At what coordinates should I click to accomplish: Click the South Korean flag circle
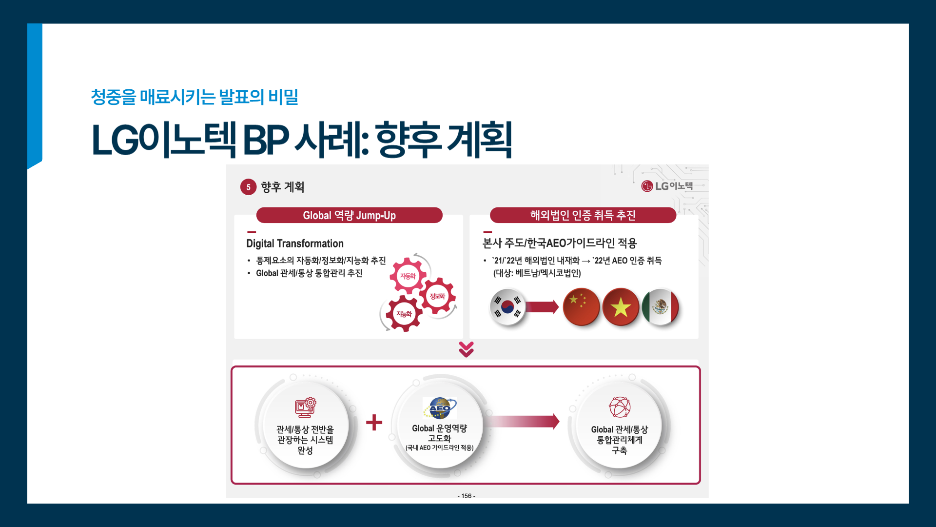pyautogui.click(x=507, y=307)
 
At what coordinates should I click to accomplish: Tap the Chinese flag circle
pyautogui.click(x=581, y=306)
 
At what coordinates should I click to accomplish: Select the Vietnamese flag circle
pyautogui.click(x=621, y=307)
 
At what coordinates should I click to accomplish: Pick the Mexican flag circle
pyautogui.click(x=660, y=307)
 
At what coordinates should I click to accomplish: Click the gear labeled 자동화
pyautogui.click(x=408, y=276)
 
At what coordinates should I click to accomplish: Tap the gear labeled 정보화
pyautogui.click(x=437, y=296)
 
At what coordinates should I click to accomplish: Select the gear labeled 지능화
pyautogui.click(x=404, y=314)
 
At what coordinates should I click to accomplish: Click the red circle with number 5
pyautogui.click(x=248, y=187)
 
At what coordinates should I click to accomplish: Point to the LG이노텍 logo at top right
pyautogui.click(x=667, y=186)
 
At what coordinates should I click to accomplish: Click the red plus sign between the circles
pyautogui.click(x=374, y=422)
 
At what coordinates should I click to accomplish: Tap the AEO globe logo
pyautogui.click(x=440, y=408)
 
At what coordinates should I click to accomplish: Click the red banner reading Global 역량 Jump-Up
pyautogui.click(x=349, y=215)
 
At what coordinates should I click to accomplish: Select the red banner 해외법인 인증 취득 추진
pyautogui.click(x=583, y=215)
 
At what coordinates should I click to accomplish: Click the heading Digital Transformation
pyautogui.click(x=294, y=243)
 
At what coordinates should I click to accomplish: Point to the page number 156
pyautogui.click(x=467, y=496)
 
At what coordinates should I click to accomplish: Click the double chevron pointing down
pyautogui.click(x=467, y=349)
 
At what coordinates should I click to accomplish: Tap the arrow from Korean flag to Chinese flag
pyautogui.click(x=542, y=307)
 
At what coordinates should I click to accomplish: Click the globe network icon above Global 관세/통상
pyautogui.click(x=619, y=407)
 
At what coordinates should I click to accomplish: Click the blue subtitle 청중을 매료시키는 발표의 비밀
pyautogui.click(x=195, y=97)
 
